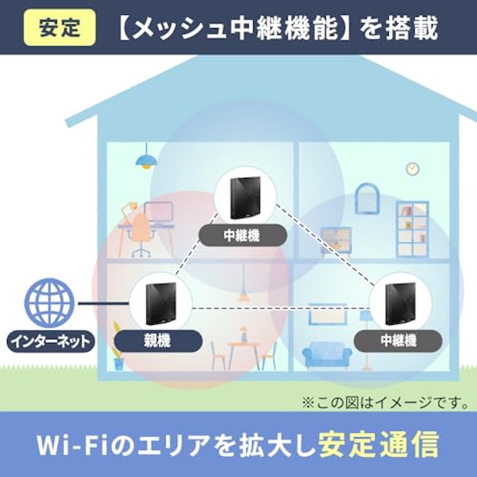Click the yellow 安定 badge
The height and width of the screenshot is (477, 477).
60,27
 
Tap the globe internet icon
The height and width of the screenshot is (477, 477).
49,303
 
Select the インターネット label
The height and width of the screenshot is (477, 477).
51,341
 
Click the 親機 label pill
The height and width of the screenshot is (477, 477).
158,340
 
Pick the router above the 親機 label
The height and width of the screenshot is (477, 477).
161,303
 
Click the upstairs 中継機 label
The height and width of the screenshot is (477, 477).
243,236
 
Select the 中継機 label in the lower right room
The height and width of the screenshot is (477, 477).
398,340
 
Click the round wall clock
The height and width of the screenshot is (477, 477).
413,169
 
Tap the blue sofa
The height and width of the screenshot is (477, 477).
327,355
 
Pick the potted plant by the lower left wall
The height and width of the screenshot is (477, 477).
118,346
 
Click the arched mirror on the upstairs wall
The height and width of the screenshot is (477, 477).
367,198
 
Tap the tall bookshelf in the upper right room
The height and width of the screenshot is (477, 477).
413,230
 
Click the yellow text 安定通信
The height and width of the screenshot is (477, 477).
379,444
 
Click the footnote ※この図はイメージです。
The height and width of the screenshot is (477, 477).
385,402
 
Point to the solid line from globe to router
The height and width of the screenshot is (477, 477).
103,303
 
